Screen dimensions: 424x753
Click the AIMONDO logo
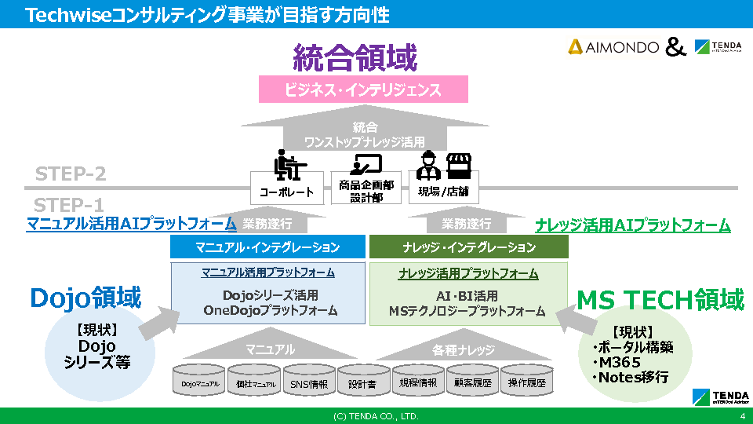[x=613, y=47]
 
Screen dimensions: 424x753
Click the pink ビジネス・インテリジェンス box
[x=363, y=90]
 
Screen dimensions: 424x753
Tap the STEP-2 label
[x=71, y=174]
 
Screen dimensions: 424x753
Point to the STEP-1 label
[x=69, y=205]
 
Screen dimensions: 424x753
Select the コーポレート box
[x=286, y=191]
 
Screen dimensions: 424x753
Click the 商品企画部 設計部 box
[x=366, y=191]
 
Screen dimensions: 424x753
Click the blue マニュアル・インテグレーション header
[x=267, y=247]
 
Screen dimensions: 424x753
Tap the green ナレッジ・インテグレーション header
[x=468, y=247]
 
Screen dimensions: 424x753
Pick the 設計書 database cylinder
[x=362, y=383]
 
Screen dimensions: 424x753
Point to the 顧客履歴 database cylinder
[x=472, y=383]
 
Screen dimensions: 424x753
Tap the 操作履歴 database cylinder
[x=526, y=383]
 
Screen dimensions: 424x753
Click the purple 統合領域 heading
[x=355, y=58]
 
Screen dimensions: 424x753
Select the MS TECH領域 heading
[x=660, y=299]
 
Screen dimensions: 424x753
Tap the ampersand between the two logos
[x=675, y=48]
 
